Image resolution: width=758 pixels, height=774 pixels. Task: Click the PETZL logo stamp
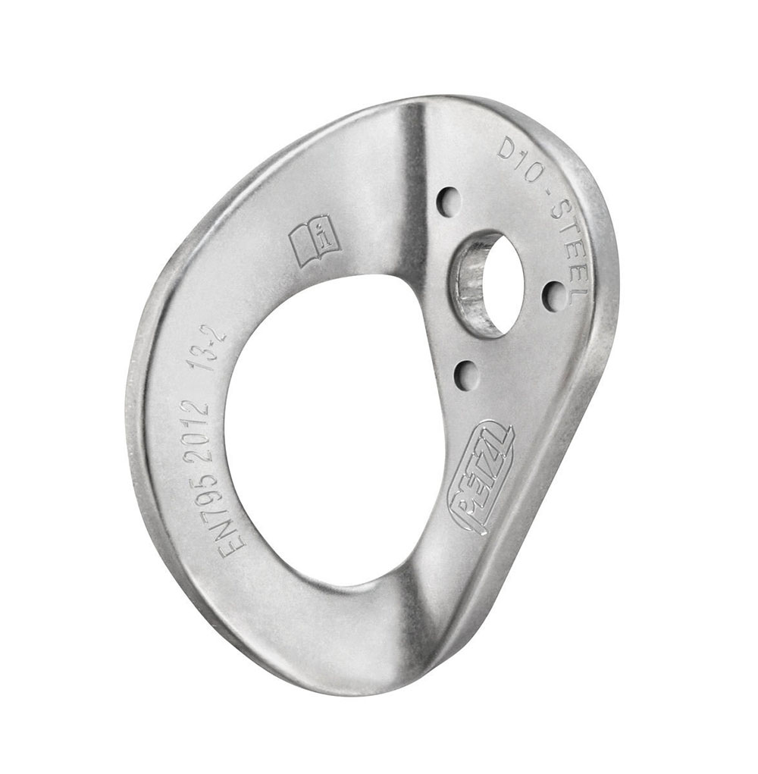pos(481,478)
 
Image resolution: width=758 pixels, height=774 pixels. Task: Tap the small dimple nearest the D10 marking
pos(449,201)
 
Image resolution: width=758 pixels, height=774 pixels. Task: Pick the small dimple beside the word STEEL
pos(554,296)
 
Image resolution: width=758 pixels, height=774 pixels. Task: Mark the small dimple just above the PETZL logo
pos(467,374)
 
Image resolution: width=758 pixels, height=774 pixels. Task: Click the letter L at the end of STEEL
pos(582,284)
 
